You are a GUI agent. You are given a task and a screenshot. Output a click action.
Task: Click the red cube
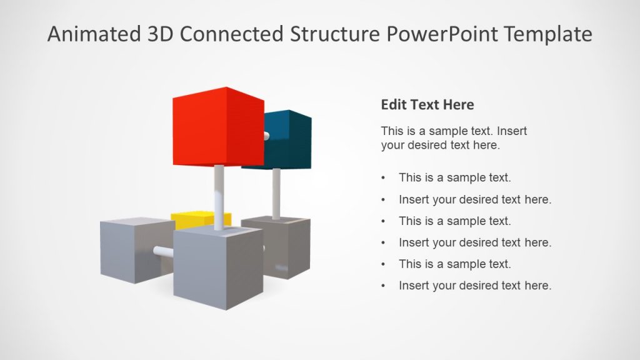216,128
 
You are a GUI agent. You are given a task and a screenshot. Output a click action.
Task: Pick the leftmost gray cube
128,250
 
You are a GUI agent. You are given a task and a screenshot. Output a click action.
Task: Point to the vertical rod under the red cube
219,197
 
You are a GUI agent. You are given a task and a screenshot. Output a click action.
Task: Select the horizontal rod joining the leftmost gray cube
164,252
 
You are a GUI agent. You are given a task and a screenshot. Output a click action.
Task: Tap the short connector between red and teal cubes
267,135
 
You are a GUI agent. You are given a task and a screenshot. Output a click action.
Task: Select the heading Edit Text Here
427,104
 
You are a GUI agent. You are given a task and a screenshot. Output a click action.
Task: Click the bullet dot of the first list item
383,178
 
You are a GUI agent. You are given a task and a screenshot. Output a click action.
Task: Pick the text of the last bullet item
475,286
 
